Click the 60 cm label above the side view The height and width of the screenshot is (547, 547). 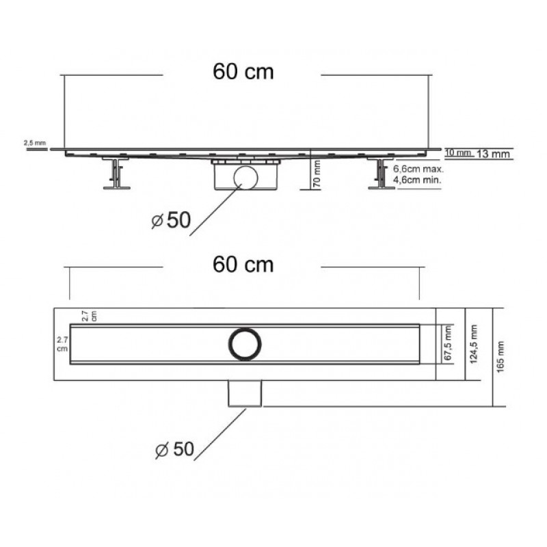(x=243, y=72)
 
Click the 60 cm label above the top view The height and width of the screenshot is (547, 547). (x=243, y=265)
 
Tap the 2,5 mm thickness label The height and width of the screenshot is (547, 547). (x=35, y=143)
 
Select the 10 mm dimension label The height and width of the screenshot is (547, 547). (x=458, y=152)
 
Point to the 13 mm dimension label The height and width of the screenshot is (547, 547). (x=493, y=153)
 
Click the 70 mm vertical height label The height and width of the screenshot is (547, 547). (x=317, y=174)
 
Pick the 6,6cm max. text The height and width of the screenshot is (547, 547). (x=418, y=169)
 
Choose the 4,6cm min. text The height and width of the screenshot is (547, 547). (x=417, y=180)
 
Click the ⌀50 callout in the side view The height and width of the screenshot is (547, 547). (x=171, y=220)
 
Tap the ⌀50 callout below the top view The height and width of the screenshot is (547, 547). (x=174, y=449)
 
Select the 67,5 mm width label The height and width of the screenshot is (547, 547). (x=449, y=344)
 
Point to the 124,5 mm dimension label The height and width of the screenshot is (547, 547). (x=474, y=344)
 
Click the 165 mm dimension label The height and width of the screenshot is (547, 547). (x=501, y=357)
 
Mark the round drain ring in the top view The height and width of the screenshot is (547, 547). (x=245, y=329)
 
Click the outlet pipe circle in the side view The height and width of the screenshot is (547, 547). (x=246, y=167)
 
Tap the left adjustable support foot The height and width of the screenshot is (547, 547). (x=116, y=173)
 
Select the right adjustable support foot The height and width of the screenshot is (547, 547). (x=382, y=173)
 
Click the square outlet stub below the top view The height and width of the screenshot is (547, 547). (x=245, y=394)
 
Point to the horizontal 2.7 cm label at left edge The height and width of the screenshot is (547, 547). (x=62, y=345)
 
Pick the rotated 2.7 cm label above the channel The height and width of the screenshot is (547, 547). (x=89, y=316)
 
